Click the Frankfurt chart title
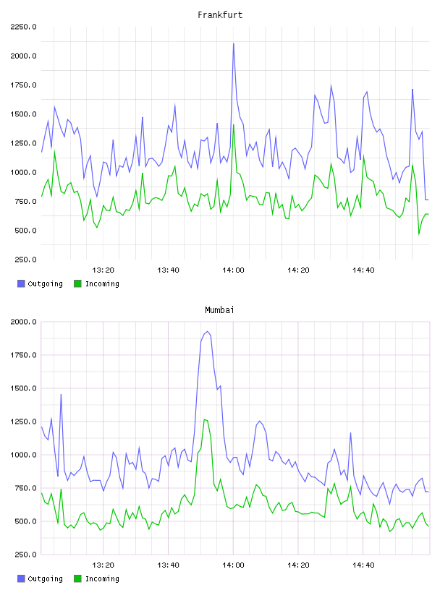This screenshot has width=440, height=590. [x=220, y=15]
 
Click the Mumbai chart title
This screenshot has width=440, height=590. [x=219, y=310]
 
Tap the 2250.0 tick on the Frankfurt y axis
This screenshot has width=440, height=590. [x=24, y=27]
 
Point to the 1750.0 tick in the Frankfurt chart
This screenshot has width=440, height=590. [x=24, y=85]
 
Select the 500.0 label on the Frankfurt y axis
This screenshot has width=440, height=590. [x=25, y=230]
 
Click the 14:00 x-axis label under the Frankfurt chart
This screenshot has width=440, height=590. [x=233, y=270]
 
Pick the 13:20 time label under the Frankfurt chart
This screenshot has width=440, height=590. [x=103, y=270]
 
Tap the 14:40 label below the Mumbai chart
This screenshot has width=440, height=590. [x=363, y=565]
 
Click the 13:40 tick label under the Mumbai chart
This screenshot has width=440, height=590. [x=168, y=565]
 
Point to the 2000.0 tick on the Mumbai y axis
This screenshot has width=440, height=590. [x=24, y=322]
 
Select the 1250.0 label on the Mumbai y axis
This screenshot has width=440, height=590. [x=24, y=422]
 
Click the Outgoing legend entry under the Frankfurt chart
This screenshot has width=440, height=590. [x=41, y=283]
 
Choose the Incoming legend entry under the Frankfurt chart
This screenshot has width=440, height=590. [x=97, y=283]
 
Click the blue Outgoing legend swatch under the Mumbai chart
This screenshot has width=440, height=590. [x=21, y=578]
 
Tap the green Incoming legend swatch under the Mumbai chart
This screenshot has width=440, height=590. [x=77, y=578]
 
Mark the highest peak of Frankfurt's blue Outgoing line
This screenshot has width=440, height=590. [x=234, y=43]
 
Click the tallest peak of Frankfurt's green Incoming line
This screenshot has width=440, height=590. [x=234, y=125]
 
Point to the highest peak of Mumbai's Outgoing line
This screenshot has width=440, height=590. [x=207, y=331]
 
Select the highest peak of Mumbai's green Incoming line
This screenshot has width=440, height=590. [x=204, y=419]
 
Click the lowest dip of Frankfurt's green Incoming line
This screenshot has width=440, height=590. [x=419, y=234]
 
